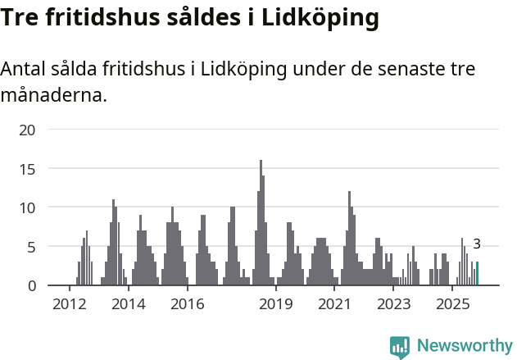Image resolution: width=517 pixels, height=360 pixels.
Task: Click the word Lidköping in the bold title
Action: coord(319,19)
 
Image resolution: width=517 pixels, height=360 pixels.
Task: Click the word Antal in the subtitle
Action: coord(25,70)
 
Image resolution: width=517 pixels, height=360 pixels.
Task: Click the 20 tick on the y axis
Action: coord(27,130)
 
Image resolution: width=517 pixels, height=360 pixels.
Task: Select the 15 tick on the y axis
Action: coord(27,169)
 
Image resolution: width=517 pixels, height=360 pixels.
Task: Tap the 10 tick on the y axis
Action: coord(27,207)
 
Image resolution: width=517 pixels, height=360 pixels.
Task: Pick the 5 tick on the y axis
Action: coord(31,247)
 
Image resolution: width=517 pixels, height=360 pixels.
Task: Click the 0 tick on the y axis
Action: coord(31,285)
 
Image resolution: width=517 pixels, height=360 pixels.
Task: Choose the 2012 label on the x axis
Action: coord(69,304)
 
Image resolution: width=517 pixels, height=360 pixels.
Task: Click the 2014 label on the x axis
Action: coord(128,304)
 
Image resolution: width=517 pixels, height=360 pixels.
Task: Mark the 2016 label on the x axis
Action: coord(187,304)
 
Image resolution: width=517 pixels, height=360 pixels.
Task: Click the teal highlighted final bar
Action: coord(477,274)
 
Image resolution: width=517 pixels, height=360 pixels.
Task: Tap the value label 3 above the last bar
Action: coord(477,244)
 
